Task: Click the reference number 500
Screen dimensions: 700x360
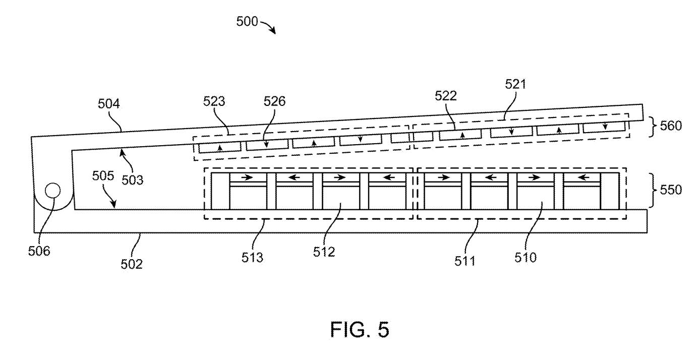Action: [x=247, y=22]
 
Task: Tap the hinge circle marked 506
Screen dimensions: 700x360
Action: [x=53, y=191]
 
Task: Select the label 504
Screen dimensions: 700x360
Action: [x=109, y=104]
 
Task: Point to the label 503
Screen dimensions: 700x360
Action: [x=133, y=180]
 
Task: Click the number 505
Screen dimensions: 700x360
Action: [x=103, y=176]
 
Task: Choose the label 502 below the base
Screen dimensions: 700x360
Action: [x=132, y=264]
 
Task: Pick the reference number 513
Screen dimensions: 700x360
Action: [x=252, y=258]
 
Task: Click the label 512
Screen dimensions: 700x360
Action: [x=324, y=252]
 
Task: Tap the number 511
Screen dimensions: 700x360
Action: [x=464, y=261]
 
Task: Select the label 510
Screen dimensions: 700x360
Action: [x=526, y=258]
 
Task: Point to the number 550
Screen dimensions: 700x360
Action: [x=671, y=190]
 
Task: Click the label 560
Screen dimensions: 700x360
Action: [x=671, y=126]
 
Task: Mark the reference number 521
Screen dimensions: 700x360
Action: [x=515, y=84]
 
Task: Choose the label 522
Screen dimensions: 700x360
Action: [x=446, y=96]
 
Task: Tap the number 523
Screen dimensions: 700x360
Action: [x=214, y=101]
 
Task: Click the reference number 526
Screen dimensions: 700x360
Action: [x=275, y=101]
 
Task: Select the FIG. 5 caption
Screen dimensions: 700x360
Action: [x=360, y=329]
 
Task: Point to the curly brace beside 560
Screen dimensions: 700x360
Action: [x=654, y=127]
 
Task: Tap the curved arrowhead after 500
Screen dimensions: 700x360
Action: [x=273, y=30]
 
